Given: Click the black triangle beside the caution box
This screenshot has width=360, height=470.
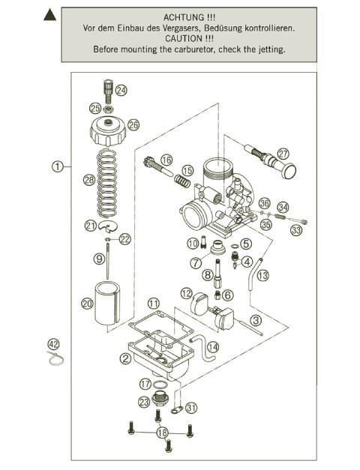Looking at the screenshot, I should click(x=49, y=13).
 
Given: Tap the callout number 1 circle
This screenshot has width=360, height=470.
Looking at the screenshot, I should click(x=57, y=167).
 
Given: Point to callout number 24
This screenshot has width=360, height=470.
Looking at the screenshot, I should click(x=121, y=90).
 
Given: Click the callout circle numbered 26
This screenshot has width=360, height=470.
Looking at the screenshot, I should click(x=133, y=124).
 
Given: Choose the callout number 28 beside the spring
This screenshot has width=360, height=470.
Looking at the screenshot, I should click(x=88, y=180).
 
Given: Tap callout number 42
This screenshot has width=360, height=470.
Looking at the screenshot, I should click(x=52, y=344).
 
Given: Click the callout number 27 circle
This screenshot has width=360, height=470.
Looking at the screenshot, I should click(x=283, y=153).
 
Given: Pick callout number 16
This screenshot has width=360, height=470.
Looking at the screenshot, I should click(x=166, y=160).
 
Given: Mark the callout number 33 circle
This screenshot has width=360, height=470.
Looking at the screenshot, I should click(x=297, y=230).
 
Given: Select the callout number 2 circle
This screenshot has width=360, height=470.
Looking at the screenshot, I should click(x=125, y=358).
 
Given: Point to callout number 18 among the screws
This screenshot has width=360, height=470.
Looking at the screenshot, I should click(x=162, y=433).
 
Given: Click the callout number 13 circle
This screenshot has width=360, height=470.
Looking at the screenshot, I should click(x=262, y=275).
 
